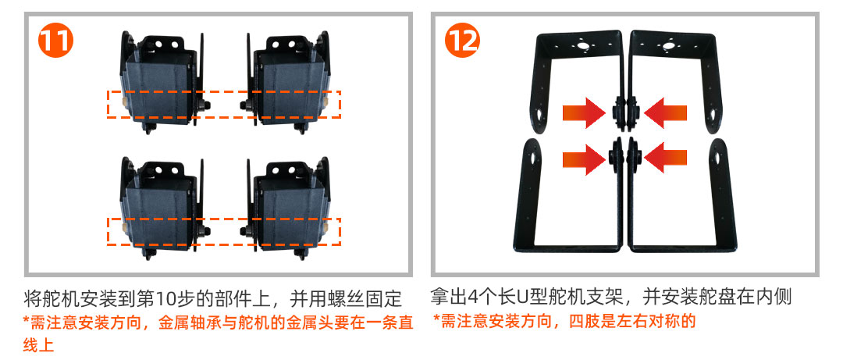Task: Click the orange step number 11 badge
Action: (x=55, y=41)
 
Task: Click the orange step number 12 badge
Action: (x=462, y=41)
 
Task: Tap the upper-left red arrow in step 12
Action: (x=585, y=113)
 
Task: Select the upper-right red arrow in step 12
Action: (x=665, y=113)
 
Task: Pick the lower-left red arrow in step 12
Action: (x=585, y=159)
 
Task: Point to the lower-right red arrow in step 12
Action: (x=665, y=159)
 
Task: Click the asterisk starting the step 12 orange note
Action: (x=436, y=319)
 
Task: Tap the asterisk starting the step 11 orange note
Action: (x=27, y=321)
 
